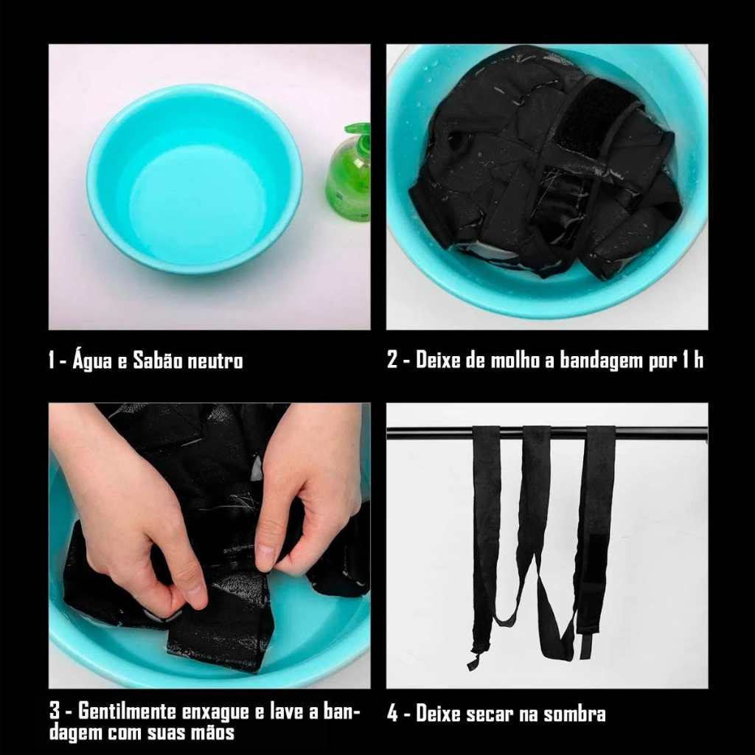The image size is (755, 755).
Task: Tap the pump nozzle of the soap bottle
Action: tap(357, 128)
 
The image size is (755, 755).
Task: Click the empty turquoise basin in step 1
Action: tap(195, 178)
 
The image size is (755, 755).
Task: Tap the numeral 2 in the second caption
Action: tap(392, 360)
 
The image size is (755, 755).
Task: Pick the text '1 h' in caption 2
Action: tap(692, 360)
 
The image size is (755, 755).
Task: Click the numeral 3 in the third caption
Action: tap(55, 711)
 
